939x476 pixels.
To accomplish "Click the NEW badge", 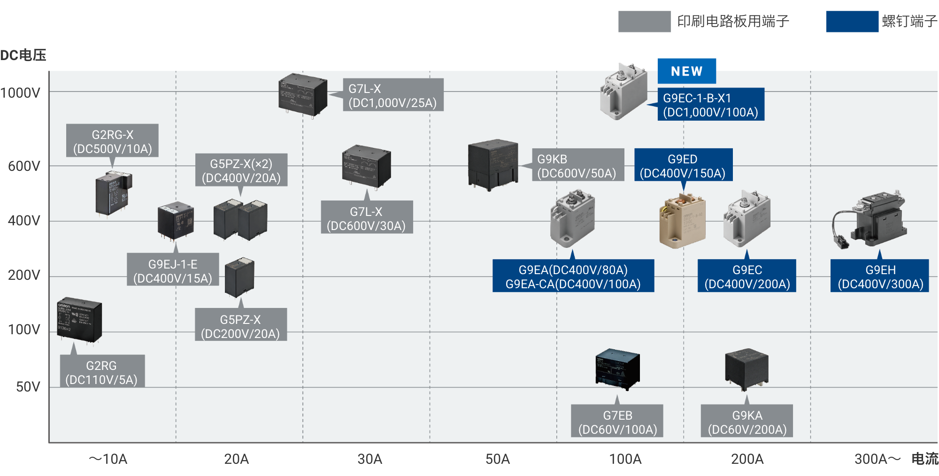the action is tap(686, 71).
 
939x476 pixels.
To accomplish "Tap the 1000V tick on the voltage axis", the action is tap(20, 93).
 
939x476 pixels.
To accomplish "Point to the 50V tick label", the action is tap(28, 387).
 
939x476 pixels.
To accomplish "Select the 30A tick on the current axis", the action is tap(370, 459).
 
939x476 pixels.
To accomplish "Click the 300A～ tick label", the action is tap(877, 459).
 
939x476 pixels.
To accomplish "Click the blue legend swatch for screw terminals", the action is tap(852, 22).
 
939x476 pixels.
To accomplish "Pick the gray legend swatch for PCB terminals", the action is tap(645, 22).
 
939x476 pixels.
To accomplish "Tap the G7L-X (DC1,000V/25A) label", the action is tap(393, 95).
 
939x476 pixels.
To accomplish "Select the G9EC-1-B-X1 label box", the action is tap(711, 105).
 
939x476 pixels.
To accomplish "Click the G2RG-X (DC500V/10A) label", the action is tap(112, 141).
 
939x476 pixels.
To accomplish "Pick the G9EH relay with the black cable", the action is tap(869, 219).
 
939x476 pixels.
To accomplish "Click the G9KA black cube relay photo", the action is tap(747, 369).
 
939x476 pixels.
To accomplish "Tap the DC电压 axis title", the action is tap(23, 55).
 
